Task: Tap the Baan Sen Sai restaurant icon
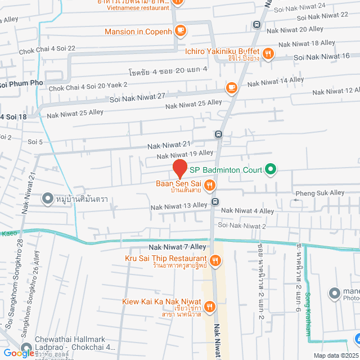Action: pyautogui.click(x=209, y=184)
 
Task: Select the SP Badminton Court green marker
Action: pyautogui.click(x=270, y=169)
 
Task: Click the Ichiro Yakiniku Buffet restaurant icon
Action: pyautogui.click(x=269, y=54)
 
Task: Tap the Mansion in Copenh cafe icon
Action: pyautogui.click(x=180, y=30)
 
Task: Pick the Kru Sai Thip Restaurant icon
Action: pyautogui.click(x=216, y=260)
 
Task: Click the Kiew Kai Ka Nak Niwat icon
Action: pyautogui.click(x=209, y=307)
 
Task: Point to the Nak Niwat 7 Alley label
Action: pyautogui.click(x=178, y=247)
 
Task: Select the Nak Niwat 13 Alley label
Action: pyautogui.click(x=179, y=206)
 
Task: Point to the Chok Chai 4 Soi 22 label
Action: pyautogui.click(x=47, y=48)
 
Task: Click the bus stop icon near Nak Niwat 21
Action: pyautogui.click(x=218, y=134)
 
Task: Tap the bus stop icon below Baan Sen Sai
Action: pyautogui.click(x=214, y=202)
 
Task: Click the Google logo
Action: pyautogui.click(x=19, y=353)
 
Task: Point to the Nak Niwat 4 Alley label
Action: pyautogui.click(x=247, y=211)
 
